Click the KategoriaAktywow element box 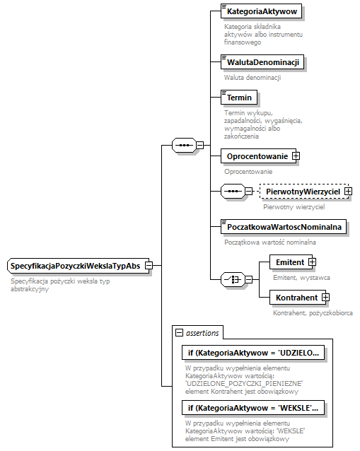pyautogui.click(x=261, y=11)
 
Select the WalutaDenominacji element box pyautogui.click(x=262, y=62)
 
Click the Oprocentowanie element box pyautogui.click(x=256, y=156)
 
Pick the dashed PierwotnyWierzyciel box pyautogui.click(x=303, y=192)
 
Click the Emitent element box pyautogui.click(x=289, y=262)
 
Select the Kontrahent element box pyautogui.click(x=297, y=298)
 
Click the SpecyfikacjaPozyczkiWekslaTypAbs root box pyautogui.click(x=74, y=266)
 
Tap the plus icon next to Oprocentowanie pyautogui.click(x=296, y=156)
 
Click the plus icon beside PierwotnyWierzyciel pyautogui.click(x=348, y=192)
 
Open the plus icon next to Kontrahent pyautogui.click(x=325, y=298)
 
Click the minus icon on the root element pyautogui.click(x=149, y=266)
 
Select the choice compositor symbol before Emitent pyautogui.click(x=232, y=280)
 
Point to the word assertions pyautogui.click(x=202, y=332)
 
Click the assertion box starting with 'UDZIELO pyautogui.click(x=252, y=353)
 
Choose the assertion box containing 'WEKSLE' pyautogui.click(x=252, y=408)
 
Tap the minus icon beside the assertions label pyautogui.click(x=179, y=332)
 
